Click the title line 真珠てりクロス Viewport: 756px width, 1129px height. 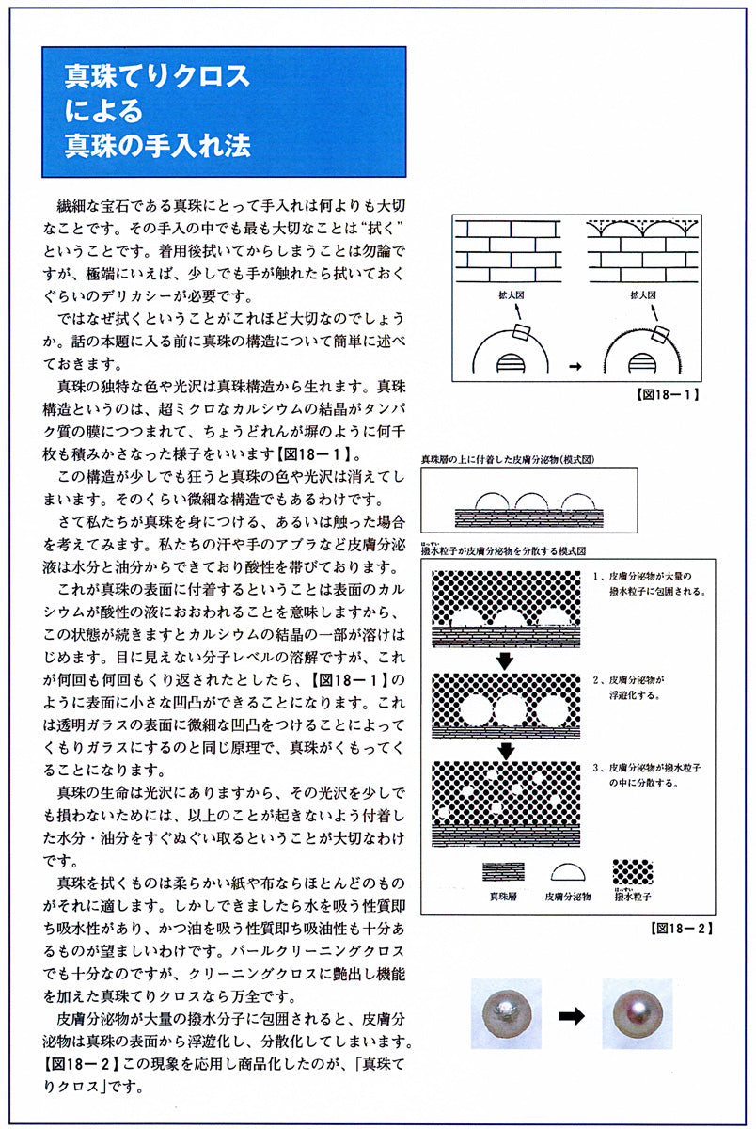pyautogui.click(x=156, y=75)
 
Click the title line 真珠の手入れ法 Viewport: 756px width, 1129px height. pyautogui.click(x=156, y=146)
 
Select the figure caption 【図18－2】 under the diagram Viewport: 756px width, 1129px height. pyautogui.click(x=680, y=928)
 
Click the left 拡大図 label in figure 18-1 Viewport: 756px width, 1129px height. pyautogui.click(x=509, y=294)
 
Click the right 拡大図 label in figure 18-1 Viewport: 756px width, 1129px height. pyautogui.click(x=643, y=294)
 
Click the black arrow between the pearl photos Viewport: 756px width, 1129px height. pyautogui.click(x=573, y=1015)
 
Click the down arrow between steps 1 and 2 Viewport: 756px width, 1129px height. pyautogui.click(x=505, y=660)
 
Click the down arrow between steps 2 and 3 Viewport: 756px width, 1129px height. pyautogui.click(x=505, y=750)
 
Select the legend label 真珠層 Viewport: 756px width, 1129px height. pyautogui.click(x=504, y=897)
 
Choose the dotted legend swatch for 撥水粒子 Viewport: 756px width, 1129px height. pyautogui.click(x=633, y=872)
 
